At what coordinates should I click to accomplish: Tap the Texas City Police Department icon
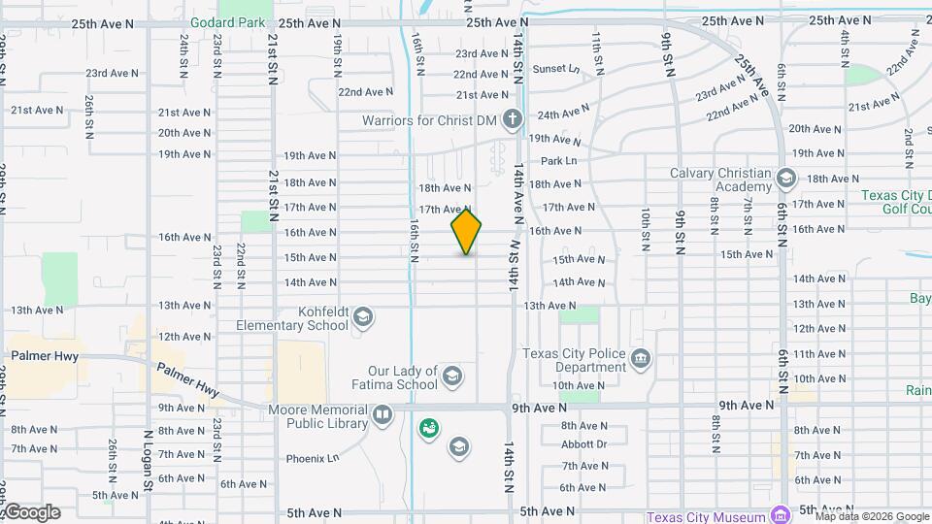tap(640, 360)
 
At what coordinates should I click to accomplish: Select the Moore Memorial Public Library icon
tap(383, 416)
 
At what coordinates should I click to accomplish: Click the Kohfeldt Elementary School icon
tap(362, 317)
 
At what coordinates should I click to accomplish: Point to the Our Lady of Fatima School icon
tap(451, 377)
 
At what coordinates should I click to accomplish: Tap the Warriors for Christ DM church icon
tap(512, 120)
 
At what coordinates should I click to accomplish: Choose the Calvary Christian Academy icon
tap(785, 179)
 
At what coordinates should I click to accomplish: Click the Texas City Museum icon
tap(780, 514)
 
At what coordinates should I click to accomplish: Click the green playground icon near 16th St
tap(427, 427)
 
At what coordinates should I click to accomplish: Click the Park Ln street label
tap(558, 160)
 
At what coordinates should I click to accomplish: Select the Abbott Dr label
tap(583, 444)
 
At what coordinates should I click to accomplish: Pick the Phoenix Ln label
tap(312, 458)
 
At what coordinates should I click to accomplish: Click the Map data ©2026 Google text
tap(871, 517)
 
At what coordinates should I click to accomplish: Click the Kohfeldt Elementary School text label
tap(287, 318)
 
